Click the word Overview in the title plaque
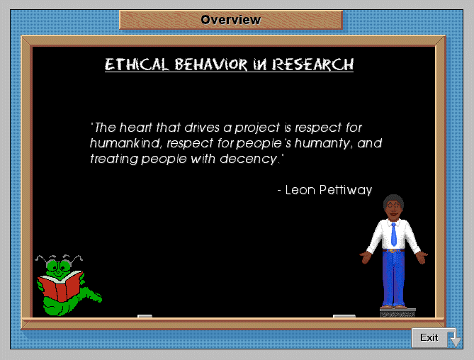click(x=231, y=20)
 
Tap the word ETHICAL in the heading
click(x=137, y=64)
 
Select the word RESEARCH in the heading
click(x=312, y=64)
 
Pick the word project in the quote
click(x=257, y=128)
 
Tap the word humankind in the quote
click(x=124, y=143)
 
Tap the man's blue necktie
click(x=394, y=235)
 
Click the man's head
click(x=393, y=207)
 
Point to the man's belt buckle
click(x=393, y=251)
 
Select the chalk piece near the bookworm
click(x=145, y=316)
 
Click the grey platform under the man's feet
click(x=397, y=313)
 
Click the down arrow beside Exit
click(x=456, y=339)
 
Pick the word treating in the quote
click(x=114, y=159)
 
